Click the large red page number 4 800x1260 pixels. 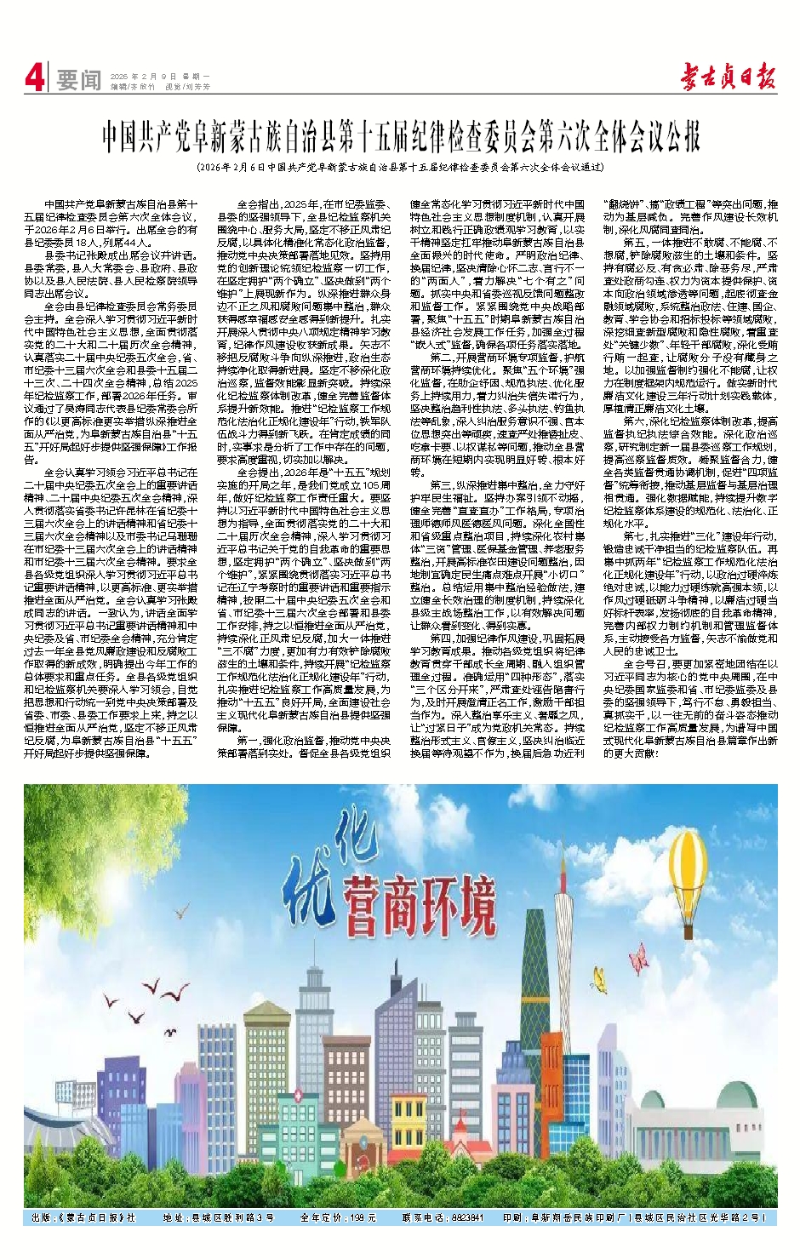[34, 79]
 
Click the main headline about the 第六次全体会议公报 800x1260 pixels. [400, 135]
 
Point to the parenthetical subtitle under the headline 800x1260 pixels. [400, 168]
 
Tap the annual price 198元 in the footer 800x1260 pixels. [362, 1218]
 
